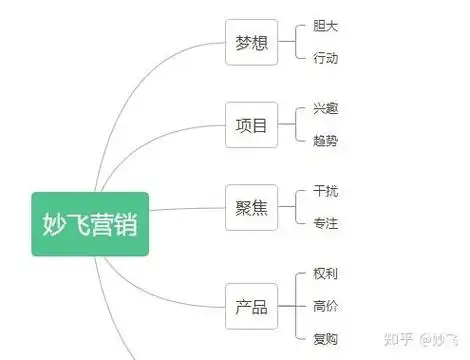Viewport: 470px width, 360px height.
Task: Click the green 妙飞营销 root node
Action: (x=90, y=224)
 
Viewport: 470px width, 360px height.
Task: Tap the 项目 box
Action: (x=251, y=126)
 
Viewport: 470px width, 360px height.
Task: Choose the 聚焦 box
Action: (x=251, y=208)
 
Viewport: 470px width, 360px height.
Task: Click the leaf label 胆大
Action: (x=325, y=26)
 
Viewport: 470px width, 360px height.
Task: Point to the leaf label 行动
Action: (x=325, y=58)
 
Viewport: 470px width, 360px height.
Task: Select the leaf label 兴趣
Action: (x=325, y=108)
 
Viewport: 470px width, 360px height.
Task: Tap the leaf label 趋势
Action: (x=325, y=141)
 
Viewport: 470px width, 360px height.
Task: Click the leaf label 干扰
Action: (x=325, y=191)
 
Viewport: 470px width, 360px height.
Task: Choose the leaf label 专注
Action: (x=325, y=223)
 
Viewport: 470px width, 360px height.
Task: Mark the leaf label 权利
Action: (x=325, y=273)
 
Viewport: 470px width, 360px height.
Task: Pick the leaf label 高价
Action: (x=325, y=306)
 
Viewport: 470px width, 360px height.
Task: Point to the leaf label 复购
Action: (x=325, y=339)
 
